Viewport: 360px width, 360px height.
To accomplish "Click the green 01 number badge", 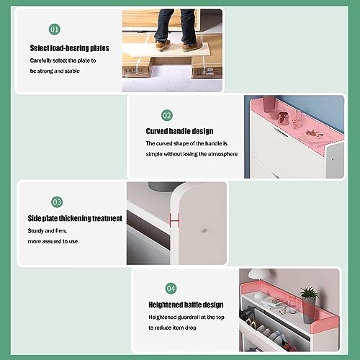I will pyautogui.click(x=54, y=30).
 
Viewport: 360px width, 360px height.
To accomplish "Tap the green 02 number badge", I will pyautogui.click(x=166, y=115).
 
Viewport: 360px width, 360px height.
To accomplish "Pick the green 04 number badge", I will pyautogui.click(x=171, y=288).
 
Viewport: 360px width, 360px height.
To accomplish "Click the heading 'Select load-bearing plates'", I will pyautogui.click(x=70, y=48).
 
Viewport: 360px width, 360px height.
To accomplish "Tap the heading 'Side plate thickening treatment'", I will pyautogui.click(x=76, y=218).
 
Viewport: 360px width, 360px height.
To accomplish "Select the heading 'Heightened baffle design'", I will pyautogui.click(x=185, y=305).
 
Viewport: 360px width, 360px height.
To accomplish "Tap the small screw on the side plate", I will pyautogui.click(x=204, y=232).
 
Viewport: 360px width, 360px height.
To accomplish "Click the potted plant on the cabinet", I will pyautogui.click(x=309, y=294).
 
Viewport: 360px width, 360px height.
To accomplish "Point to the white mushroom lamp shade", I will pyautogui.click(x=260, y=276).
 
